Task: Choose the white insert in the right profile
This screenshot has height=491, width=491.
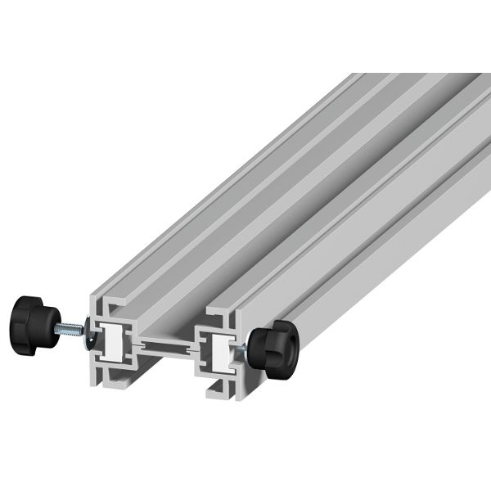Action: pos(221,353)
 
